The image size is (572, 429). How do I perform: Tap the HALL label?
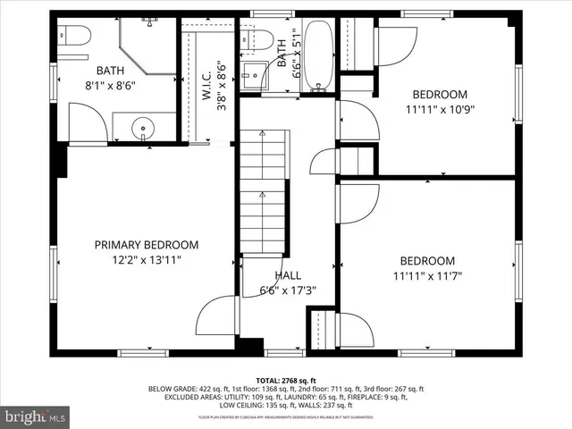tap(287, 275)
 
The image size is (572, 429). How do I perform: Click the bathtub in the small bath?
tap(317, 55)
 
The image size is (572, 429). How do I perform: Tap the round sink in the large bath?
tap(143, 129)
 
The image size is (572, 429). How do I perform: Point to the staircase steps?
tap(263, 192)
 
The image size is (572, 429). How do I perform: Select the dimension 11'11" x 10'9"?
tap(439, 111)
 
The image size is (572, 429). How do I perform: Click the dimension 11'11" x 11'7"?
tap(433, 276)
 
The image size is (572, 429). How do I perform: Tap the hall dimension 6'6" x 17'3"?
tap(287, 290)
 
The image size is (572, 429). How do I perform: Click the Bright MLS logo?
tap(36, 416)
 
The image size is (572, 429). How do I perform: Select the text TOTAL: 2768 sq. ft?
tap(286, 381)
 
